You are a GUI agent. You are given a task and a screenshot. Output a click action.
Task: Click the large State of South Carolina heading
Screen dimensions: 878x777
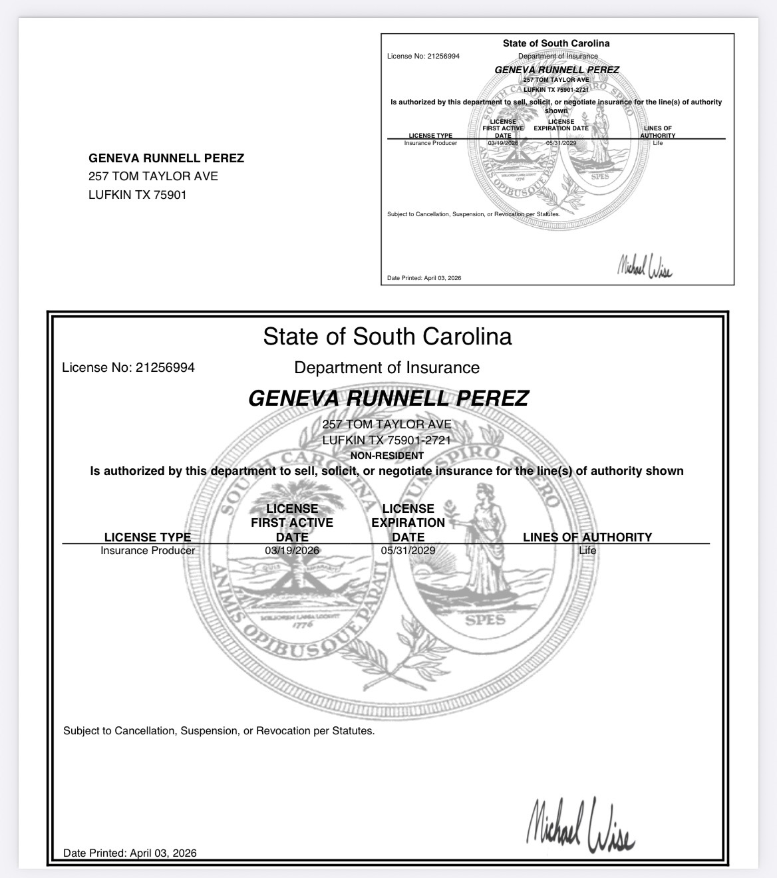click(387, 336)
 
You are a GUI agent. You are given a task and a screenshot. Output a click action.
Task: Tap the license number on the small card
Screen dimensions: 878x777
click(423, 56)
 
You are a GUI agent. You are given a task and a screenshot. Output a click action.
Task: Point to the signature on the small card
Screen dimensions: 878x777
click(644, 266)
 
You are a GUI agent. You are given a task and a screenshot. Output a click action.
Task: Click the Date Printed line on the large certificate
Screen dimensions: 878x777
click(130, 853)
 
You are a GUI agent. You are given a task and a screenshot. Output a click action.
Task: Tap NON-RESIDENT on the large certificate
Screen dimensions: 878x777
click(387, 456)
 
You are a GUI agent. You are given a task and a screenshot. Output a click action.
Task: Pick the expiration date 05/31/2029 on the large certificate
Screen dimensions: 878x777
click(408, 551)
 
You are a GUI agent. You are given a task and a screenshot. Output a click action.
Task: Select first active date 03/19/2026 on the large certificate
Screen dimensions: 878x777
click(292, 551)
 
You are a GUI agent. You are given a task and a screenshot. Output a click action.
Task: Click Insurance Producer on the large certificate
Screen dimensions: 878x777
click(148, 551)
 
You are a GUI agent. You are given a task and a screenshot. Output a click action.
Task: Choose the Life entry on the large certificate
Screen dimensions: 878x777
click(587, 551)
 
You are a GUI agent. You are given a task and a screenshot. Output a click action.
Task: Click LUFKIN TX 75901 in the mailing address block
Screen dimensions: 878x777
click(138, 195)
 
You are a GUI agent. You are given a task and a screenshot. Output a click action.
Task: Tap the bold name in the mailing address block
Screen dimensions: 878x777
click(166, 158)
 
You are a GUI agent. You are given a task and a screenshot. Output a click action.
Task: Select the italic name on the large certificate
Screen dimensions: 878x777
click(388, 398)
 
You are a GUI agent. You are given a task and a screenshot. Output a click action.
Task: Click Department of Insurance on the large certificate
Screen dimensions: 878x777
click(387, 367)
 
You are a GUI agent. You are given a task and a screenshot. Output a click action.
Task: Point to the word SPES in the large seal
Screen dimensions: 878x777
click(485, 620)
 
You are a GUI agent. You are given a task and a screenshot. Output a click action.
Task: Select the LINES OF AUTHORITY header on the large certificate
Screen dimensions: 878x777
click(587, 537)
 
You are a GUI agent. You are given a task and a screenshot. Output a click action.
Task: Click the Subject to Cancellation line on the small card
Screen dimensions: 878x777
click(474, 214)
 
